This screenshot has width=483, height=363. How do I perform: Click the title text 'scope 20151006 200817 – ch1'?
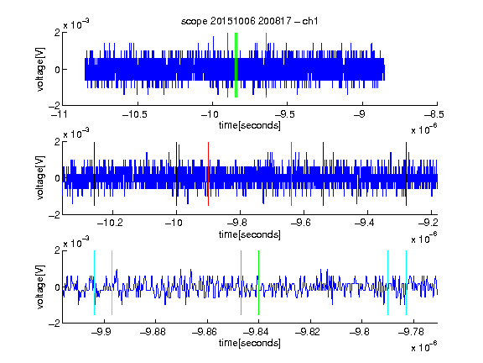click(x=249, y=21)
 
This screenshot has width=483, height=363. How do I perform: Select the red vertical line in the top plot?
click(x=227, y=66)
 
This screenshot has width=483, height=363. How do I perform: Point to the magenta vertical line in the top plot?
click(x=266, y=66)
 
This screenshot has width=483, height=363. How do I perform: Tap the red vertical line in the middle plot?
click(x=208, y=174)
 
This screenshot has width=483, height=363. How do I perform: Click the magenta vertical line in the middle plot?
click(x=292, y=174)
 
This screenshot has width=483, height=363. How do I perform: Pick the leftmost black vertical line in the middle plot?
click(x=94, y=174)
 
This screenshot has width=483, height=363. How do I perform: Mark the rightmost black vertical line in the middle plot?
click(x=407, y=174)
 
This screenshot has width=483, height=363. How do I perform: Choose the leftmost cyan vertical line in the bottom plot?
click(x=94, y=282)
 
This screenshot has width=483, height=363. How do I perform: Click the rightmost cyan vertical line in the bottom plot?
click(x=407, y=282)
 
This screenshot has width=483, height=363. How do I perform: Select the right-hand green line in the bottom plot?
click(x=258, y=282)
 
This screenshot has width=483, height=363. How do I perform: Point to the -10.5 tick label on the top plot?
click(x=135, y=114)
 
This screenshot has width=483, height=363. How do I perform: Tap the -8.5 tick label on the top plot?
click(x=434, y=114)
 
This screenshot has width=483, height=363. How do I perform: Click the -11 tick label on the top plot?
click(x=59, y=114)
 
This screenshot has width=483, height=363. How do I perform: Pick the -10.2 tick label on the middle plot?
click(x=110, y=223)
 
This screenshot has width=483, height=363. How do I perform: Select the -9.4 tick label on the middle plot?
click(x=365, y=223)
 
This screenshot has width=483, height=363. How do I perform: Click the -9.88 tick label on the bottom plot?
click(x=153, y=332)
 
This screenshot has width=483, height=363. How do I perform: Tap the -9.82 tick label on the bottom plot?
click(x=308, y=332)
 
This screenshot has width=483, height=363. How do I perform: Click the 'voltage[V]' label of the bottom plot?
click(x=40, y=287)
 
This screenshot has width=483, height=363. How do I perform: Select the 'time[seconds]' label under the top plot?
click(x=250, y=125)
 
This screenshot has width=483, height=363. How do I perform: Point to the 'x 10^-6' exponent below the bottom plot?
click(x=424, y=347)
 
